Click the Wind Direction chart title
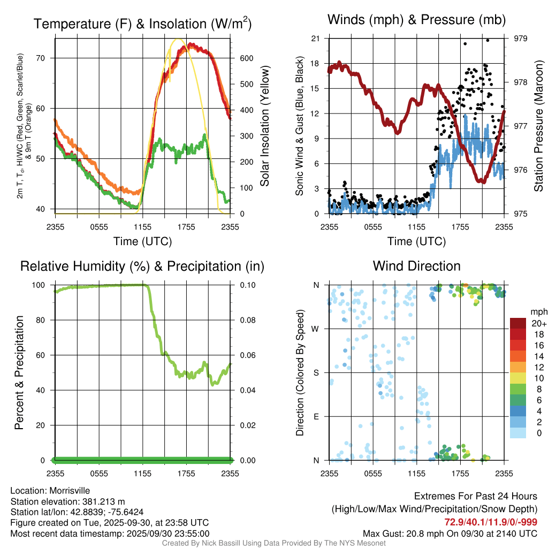point(416,266)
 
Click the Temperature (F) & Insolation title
point(142,24)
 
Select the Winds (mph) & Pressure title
point(416,20)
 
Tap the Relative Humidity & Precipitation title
point(142,266)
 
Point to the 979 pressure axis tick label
point(521,39)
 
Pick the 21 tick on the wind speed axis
point(316,39)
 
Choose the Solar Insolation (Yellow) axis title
point(265,126)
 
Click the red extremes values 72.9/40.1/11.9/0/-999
point(491,522)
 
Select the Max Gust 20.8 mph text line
point(450,533)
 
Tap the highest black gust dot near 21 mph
point(488,40)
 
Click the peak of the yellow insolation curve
point(179,39)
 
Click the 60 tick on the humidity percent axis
point(43,355)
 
